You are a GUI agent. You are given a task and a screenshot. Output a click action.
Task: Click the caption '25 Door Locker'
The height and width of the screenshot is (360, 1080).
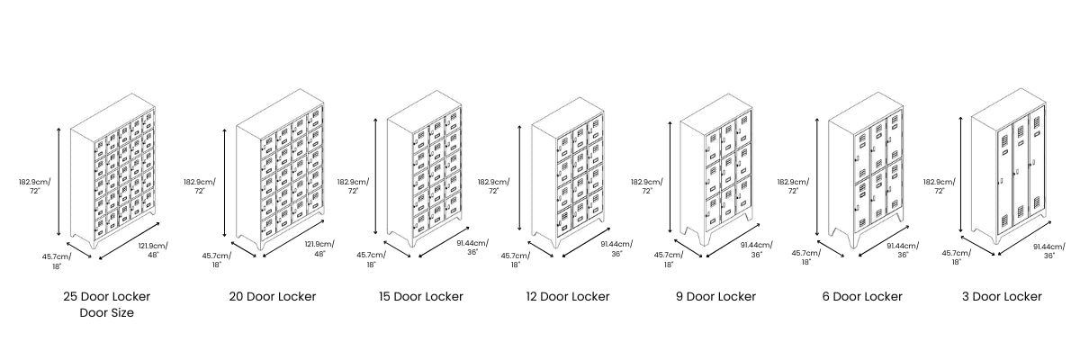106,296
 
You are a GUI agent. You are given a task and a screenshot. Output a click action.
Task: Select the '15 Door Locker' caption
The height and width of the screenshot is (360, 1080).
421,296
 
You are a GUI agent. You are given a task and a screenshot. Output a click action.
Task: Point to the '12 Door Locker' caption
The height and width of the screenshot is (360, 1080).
568,296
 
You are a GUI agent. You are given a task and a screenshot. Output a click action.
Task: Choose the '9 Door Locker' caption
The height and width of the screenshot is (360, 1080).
715,296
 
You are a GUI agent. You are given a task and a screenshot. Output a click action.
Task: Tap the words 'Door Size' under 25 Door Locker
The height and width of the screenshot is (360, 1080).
106,313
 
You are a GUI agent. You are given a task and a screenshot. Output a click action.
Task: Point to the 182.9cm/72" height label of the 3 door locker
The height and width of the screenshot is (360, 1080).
940,186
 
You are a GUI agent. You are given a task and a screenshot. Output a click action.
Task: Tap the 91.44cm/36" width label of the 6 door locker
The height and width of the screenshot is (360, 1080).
903,249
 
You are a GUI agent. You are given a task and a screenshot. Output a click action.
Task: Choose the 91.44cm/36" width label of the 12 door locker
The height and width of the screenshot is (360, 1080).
616,248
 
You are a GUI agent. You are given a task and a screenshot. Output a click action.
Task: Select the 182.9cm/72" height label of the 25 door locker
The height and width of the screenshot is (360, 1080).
35,186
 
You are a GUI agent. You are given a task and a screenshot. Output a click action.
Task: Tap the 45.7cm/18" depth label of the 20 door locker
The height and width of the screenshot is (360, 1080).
217,260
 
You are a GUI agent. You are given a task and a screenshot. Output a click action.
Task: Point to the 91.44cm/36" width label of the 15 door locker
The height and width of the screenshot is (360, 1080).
472,247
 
